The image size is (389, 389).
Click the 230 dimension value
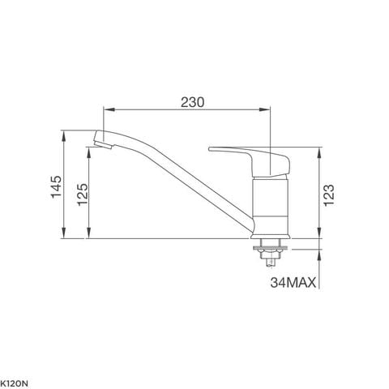click(191, 102)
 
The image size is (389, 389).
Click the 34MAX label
click(294, 283)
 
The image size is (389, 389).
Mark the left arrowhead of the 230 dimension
click(103, 112)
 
